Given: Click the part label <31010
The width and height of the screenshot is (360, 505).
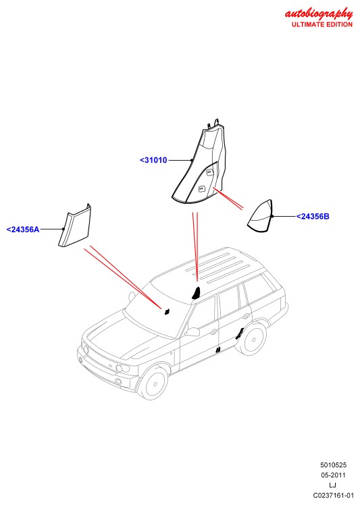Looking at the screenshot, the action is click(153, 160).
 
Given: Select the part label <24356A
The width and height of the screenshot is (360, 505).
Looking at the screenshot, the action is click(23, 230).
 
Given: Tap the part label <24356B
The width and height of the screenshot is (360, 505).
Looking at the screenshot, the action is click(313, 217).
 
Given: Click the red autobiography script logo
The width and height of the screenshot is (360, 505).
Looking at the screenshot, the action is click(319, 14).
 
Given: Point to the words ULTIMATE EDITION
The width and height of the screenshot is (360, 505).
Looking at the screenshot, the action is click(322, 24).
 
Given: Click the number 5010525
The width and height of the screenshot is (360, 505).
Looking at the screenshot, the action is click(333, 465).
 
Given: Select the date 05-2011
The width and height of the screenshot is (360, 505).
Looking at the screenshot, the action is click(333, 475).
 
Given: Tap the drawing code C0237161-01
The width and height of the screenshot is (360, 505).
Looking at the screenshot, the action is click(333, 496).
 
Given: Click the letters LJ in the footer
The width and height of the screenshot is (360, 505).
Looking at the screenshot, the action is click(332, 485).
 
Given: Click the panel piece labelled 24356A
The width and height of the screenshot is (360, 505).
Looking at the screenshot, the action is click(75, 225).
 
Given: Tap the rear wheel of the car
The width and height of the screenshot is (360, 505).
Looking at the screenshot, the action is click(254, 339).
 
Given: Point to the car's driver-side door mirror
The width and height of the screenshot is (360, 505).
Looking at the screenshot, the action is click(192, 332).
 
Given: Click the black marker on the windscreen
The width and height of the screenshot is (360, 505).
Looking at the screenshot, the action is click(167, 311).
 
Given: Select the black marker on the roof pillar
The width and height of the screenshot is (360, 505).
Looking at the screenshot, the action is click(197, 293).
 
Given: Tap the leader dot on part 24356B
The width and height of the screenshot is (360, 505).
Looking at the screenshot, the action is click(272, 217).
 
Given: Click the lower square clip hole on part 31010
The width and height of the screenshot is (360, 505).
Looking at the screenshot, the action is click(201, 188).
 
